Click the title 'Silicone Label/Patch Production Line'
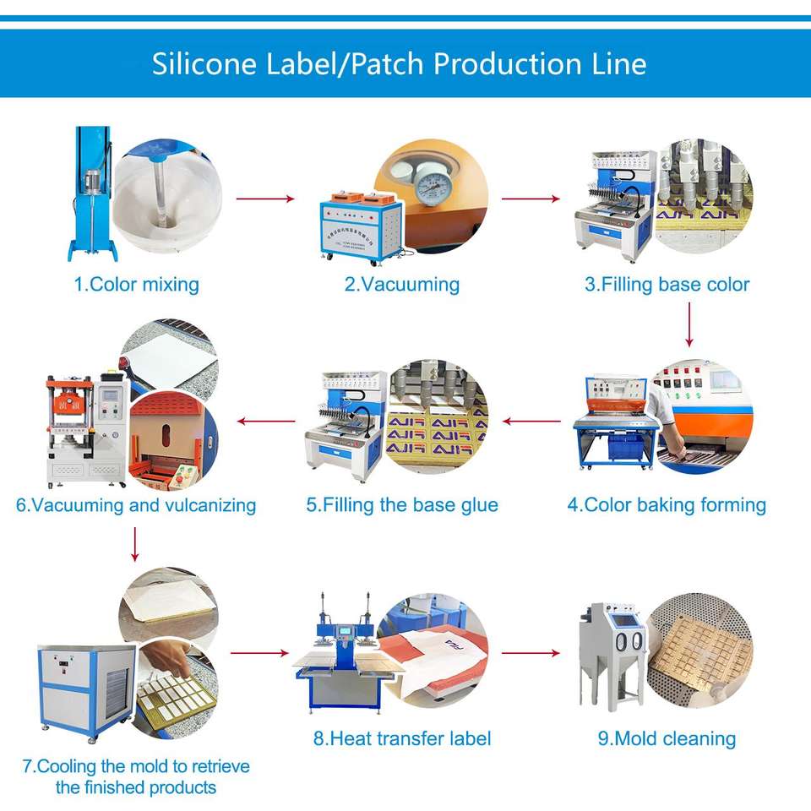pyautogui.click(x=399, y=63)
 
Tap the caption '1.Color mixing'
pyautogui.click(x=136, y=284)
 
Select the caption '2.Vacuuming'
pyautogui.click(x=401, y=284)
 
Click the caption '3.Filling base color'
pyautogui.click(x=667, y=284)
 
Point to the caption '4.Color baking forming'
pyautogui.click(x=667, y=505)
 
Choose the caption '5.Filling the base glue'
pyautogui.click(x=402, y=505)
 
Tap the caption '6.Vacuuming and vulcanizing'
pyautogui.click(x=136, y=505)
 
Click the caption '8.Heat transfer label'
pyautogui.click(x=402, y=738)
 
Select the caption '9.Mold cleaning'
pyautogui.click(x=667, y=738)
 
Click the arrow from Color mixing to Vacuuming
pyautogui.click(x=264, y=199)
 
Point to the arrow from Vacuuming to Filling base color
pyautogui.click(x=531, y=199)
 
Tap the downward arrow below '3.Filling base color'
pyautogui.click(x=689, y=324)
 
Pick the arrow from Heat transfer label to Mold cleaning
pyautogui.click(x=531, y=653)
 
